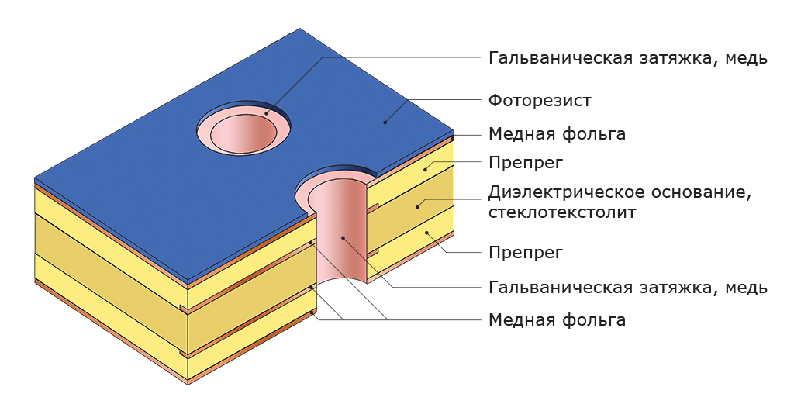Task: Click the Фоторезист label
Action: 540,101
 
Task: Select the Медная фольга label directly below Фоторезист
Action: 557,134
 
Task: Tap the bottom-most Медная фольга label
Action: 557,320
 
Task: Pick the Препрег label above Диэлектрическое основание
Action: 526,163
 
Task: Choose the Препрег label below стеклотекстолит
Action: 526,252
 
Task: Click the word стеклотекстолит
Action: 561,212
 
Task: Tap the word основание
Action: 701,193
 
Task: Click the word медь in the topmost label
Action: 747,59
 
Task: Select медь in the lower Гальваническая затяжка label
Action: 747,288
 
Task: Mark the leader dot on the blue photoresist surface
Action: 385,122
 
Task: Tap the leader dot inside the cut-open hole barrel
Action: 343,237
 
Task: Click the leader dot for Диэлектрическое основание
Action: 417,206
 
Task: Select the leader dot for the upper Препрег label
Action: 426,168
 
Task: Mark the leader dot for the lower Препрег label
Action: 426,233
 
